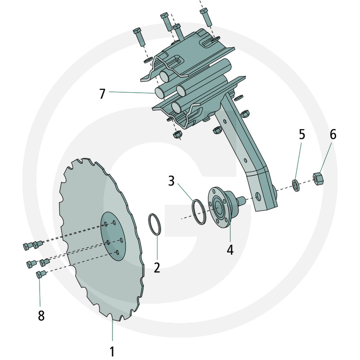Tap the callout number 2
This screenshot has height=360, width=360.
157,268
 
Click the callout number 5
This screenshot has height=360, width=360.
301,134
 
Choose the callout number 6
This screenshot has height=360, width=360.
333,134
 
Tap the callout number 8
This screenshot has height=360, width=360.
41,315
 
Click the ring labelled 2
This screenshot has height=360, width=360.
154,224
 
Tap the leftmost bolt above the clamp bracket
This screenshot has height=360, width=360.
138,36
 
